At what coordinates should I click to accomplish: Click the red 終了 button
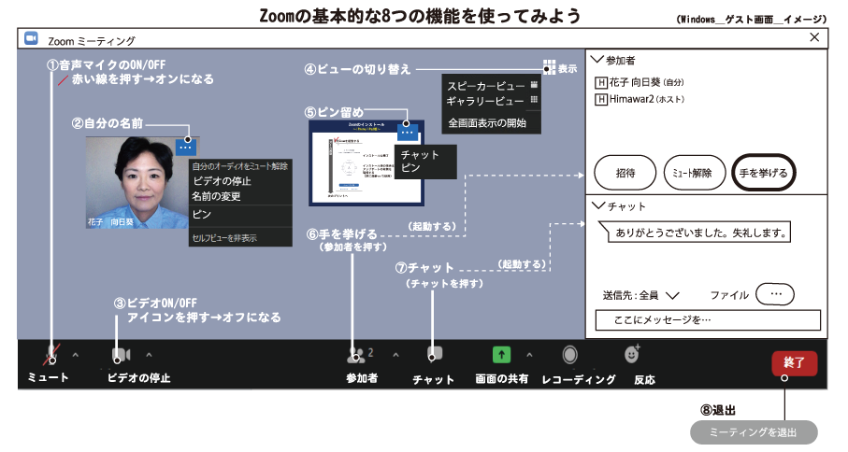794,362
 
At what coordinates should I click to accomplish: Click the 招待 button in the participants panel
625,173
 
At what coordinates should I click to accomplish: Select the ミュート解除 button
694,173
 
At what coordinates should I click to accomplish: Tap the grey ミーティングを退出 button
754,432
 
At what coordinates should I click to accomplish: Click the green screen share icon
501,355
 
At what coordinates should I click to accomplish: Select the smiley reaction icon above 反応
632,355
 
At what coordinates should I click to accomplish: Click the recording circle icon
569,355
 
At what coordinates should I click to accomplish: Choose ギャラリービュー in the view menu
484,101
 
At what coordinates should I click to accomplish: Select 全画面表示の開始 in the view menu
486,122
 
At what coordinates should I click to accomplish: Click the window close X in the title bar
813,37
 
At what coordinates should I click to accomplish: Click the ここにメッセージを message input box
708,320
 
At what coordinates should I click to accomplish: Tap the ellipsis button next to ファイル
774,294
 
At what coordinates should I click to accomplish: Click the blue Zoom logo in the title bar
31,39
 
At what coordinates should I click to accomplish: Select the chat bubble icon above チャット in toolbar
434,354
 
